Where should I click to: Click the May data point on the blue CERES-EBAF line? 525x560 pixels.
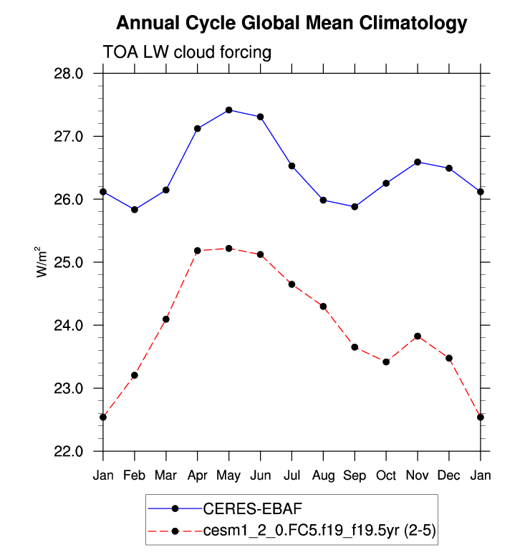pos(228,110)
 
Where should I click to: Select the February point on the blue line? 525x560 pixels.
pos(135,209)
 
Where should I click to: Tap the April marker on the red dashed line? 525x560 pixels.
pos(197,251)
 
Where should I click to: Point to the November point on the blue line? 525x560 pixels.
pos(418,162)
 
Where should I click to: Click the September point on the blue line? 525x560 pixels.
pos(355,206)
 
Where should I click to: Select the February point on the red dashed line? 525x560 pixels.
pos(135,375)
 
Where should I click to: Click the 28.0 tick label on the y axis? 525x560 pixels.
pos(69,74)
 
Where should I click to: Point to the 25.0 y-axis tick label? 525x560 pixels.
pos(69,263)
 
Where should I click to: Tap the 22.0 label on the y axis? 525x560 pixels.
pos(69,452)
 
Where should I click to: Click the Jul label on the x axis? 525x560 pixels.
pos(292,475)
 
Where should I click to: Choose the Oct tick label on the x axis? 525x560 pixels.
pos(386,475)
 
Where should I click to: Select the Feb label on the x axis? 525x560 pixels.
pos(135,475)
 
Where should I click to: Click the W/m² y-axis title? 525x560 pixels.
pos(42,262)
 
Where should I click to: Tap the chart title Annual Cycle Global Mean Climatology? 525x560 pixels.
pos(292,23)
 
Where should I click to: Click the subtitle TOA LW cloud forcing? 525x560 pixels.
pos(188,52)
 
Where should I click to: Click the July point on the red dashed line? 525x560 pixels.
pos(292,284)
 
